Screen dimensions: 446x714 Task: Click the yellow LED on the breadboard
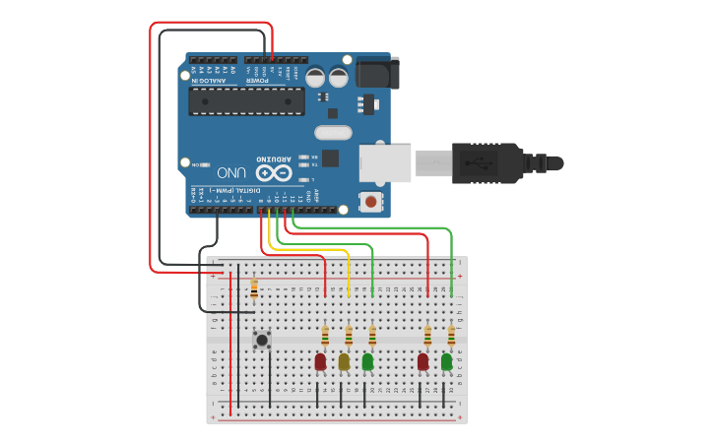click(344, 361)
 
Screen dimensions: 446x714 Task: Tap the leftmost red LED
click(320, 361)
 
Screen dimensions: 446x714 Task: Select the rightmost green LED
click(446, 361)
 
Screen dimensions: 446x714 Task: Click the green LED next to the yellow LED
click(367, 361)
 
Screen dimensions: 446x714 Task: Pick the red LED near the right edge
click(422, 361)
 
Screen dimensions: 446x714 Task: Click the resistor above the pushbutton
click(254, 288)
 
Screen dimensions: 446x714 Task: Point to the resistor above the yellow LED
click(349, 337)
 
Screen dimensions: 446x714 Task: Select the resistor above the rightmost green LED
click(451, 337)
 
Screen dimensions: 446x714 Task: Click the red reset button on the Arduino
click(370, 202)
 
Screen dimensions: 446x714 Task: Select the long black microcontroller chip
click(246, 100)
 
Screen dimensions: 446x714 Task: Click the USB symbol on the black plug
click(484, 162)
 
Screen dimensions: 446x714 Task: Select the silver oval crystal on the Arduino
click(333, 132)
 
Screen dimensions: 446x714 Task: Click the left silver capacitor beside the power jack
click(315, 77)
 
